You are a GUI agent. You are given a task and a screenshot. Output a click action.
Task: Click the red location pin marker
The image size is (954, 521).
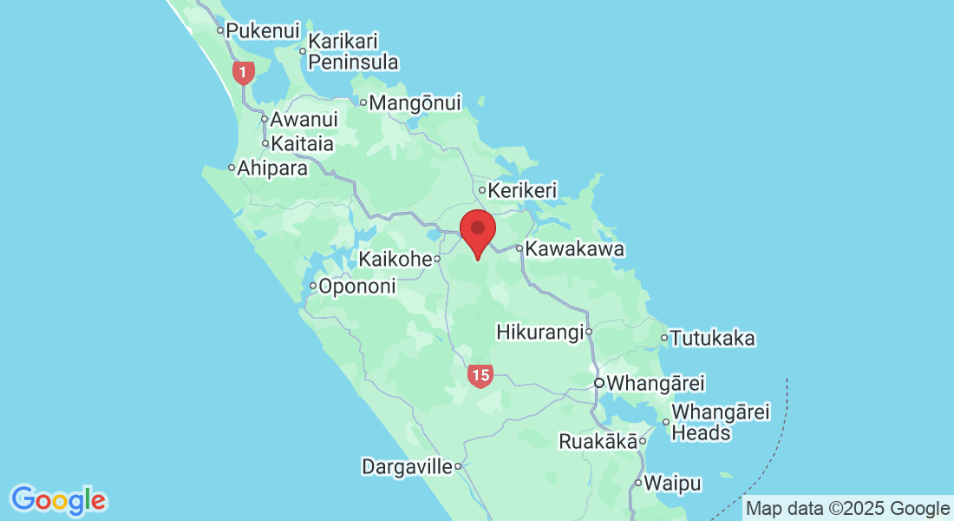coord(477,231)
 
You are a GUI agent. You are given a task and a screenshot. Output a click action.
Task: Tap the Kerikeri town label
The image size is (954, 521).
coord(522,190)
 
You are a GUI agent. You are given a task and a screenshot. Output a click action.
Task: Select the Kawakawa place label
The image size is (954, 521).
coord(575,249)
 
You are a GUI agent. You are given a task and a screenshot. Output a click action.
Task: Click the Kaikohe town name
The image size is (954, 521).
coord(395,259)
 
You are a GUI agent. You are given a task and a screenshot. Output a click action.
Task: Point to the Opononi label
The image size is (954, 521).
coord(357,286)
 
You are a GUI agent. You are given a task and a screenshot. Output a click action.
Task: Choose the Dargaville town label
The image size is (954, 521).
coord(407,467)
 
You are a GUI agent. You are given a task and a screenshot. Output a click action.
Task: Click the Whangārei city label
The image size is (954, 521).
coord(656,383)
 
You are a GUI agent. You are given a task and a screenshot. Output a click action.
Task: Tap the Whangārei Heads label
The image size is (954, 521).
coord(721,422)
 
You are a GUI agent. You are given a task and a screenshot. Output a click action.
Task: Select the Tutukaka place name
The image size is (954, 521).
coord(713,339)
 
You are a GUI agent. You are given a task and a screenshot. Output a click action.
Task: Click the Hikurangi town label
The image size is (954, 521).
coord(539,332)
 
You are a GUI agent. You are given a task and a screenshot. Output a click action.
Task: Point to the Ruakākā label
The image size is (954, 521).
coord(598,441)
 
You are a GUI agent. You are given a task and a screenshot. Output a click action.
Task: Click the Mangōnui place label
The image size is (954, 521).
coord(415,103)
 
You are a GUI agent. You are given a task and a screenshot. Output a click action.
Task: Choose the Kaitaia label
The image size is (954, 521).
coord(303,144)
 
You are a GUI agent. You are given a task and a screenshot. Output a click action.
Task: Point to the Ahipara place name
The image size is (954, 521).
coord(273,168)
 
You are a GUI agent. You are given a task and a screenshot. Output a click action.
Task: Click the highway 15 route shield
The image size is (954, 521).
coord(480,376)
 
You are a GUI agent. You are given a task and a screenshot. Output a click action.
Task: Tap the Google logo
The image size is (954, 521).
coord(58,500)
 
